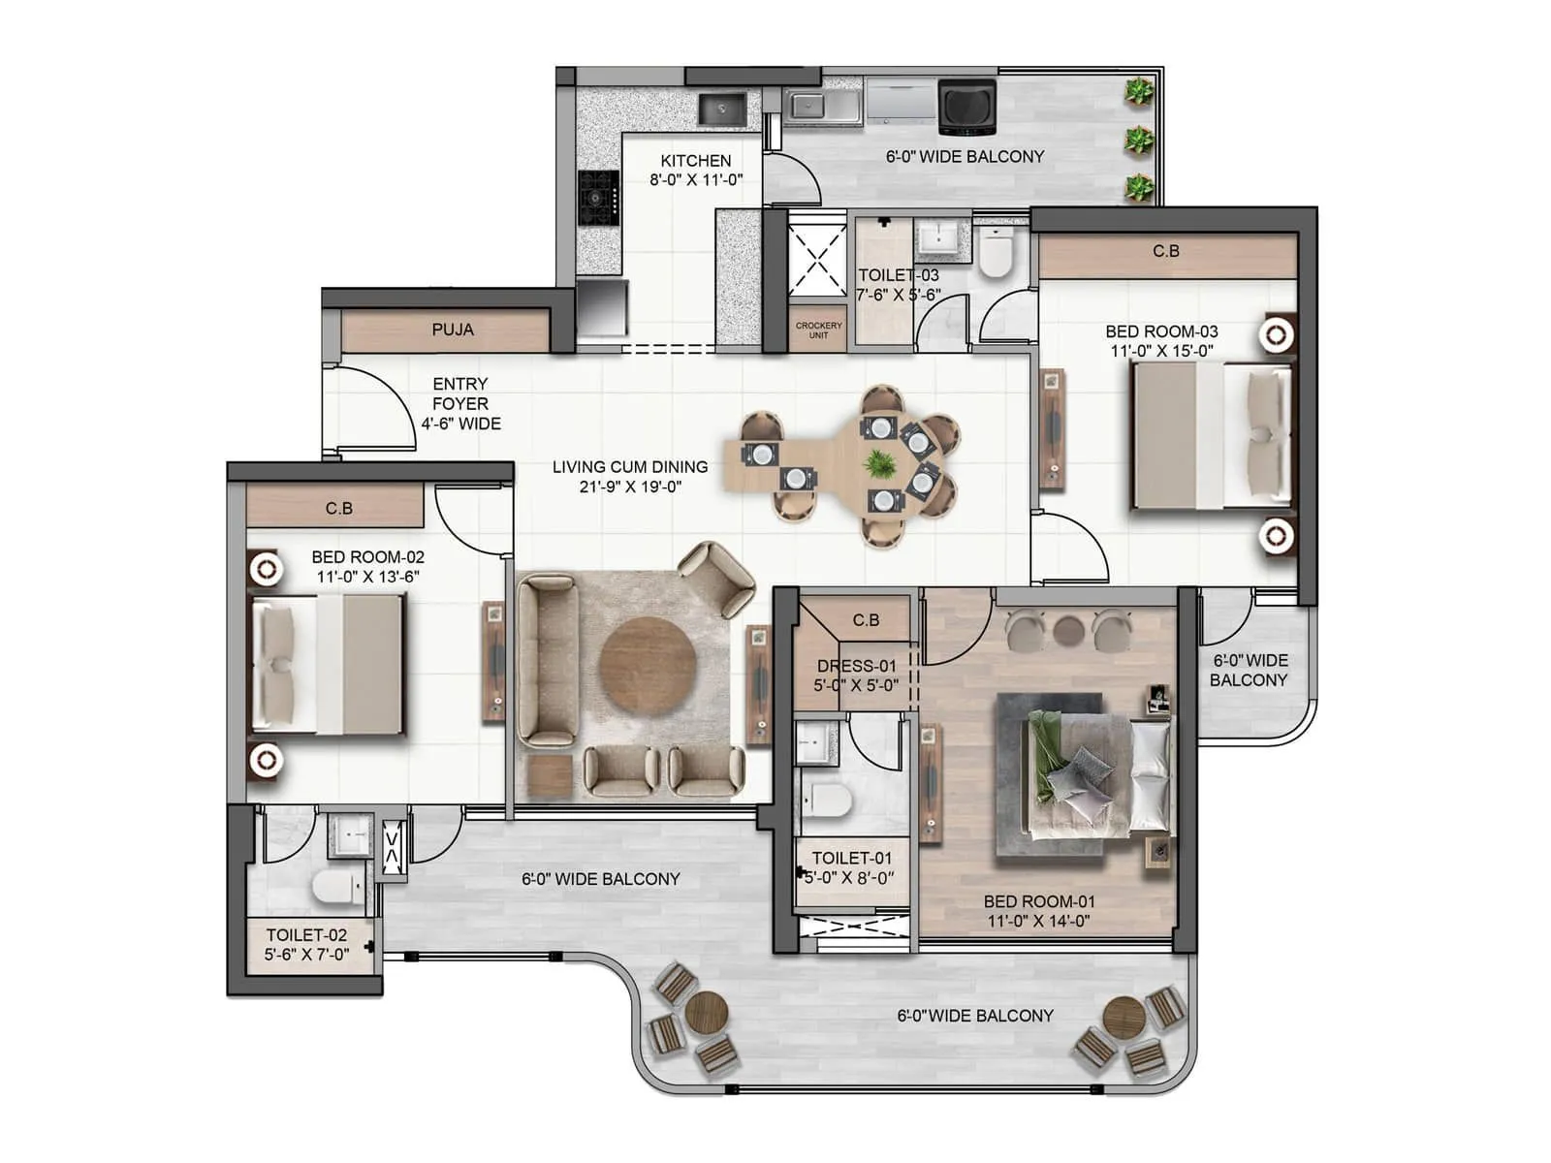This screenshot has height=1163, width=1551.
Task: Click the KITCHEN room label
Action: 695,161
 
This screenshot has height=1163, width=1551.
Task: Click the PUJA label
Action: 453,330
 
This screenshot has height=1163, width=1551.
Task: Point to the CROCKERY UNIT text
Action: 818,330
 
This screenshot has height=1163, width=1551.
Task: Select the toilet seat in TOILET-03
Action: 995,253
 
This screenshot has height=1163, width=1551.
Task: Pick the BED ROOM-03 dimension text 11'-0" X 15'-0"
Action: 1161,351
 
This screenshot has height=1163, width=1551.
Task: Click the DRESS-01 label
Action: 856,666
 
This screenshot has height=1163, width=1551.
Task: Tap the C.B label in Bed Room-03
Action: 1166,251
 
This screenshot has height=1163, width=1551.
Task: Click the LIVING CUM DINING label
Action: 630,467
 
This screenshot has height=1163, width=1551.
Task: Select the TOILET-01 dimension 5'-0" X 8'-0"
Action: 850,878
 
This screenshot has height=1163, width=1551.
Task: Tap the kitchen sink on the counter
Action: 722,109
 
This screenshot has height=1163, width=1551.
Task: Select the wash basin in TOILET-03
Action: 937,237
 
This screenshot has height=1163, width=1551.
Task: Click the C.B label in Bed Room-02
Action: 338,508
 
